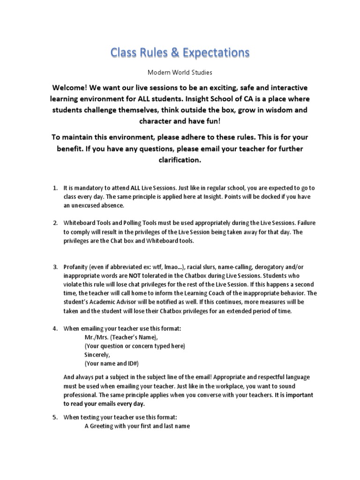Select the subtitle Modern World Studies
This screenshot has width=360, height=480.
point(180,73)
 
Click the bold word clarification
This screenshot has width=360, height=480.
point(180,159)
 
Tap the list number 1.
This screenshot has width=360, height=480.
point(55,188)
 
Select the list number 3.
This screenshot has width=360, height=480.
point(55,267)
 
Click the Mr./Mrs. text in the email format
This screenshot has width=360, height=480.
point(96,337)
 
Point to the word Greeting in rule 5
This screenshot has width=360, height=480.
point(101,426)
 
